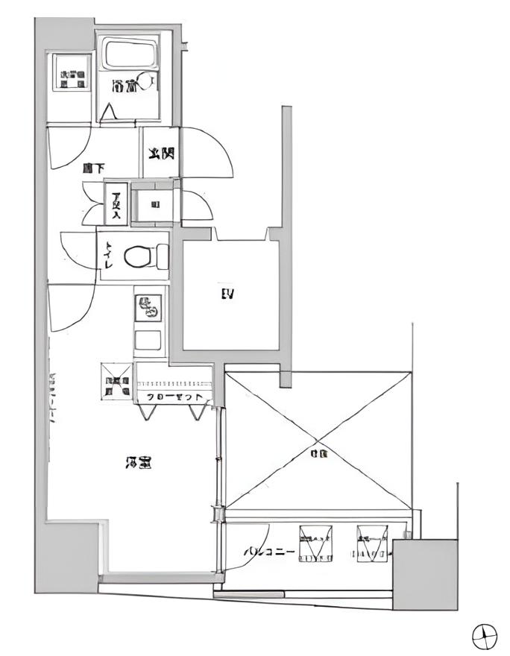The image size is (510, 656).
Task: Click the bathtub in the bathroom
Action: pyautogui.click(x=129, y=54)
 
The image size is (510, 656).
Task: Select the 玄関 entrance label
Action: pyautogui.click(x=160, y=154)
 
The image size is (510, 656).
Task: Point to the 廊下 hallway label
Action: pyautogui.click(x=92, y=169)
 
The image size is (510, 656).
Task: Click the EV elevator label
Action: pyautogui.click(x=227, y=294)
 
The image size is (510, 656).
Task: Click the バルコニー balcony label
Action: pyautogui.click(x=271, y=552)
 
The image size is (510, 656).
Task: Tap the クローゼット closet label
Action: pyautogui.click(x=175, y=397)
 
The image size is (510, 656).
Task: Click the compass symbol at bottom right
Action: pyautogui.click(x=485, y=635)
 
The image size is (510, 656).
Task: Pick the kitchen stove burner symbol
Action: pyautogui.click(x=148, y=306)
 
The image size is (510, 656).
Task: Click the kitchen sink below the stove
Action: pyautogui.click(x=148, y=340)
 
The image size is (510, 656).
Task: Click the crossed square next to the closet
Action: pyautogui.click(x=116, y=381)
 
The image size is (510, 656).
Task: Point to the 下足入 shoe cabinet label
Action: pyautogui.click(x=116, y=204)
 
